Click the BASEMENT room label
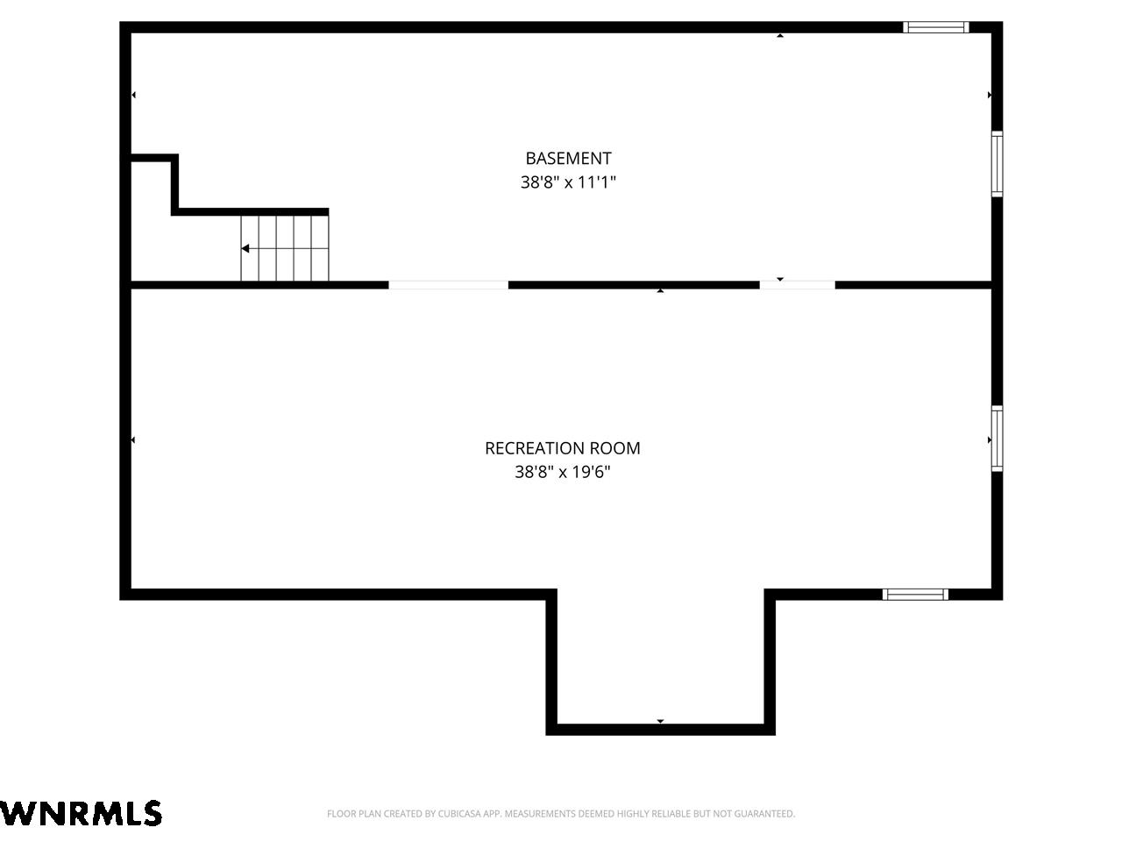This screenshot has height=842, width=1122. click(568, 159)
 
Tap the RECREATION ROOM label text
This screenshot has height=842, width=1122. click(562, 448)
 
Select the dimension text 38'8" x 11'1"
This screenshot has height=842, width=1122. click(568, 182)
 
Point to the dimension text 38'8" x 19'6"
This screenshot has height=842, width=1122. click(562, 471)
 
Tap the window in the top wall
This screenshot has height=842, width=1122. click(935, 27)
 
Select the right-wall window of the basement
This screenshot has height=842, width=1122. click(997, 164)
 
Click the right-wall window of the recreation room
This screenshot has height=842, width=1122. click(997, 439)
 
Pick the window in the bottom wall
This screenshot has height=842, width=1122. click(915, 594)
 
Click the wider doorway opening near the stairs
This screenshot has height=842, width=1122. click(448, 285)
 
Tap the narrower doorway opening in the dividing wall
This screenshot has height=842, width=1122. click(798, 285)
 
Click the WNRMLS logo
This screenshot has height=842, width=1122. click(81, 813)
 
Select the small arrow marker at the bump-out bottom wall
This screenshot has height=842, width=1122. click(660, 721)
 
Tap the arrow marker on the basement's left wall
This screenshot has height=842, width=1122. click(133, 95)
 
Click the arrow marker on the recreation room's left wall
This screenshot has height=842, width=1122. click(133, 440)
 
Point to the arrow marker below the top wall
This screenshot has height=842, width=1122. click(780, 36)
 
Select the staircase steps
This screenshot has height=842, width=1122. click(285, 248)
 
